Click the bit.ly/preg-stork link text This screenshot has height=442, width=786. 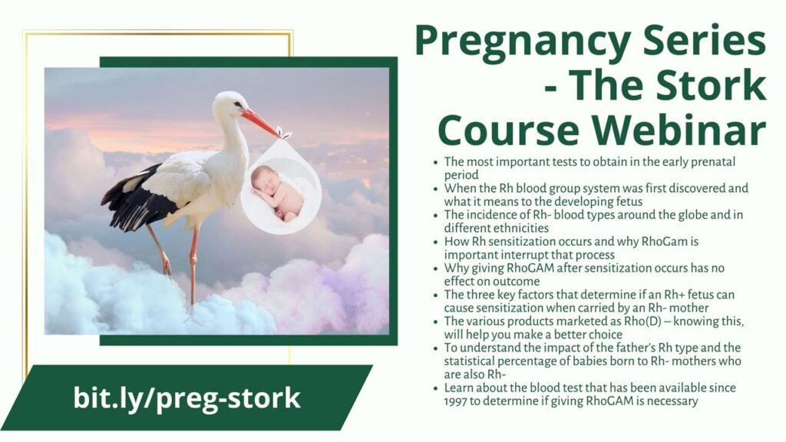click(187, 398)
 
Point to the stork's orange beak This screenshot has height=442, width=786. click(260, 123)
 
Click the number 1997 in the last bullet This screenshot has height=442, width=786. click(456, 401)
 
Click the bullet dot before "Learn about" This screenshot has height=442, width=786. click(436, 388)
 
